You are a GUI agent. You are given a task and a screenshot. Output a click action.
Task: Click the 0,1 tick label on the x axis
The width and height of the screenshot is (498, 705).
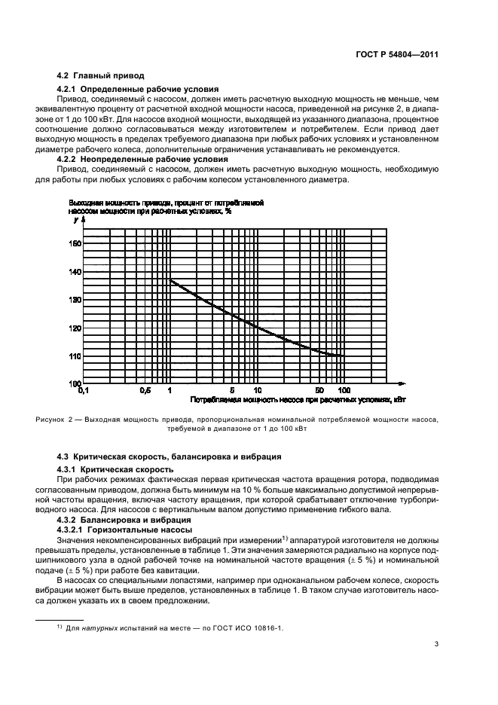(83, 391)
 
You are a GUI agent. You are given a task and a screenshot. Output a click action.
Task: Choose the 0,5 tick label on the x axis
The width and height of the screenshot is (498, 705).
(145, 391)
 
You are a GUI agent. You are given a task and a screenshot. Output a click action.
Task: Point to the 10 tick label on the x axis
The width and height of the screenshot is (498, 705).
(257, 391)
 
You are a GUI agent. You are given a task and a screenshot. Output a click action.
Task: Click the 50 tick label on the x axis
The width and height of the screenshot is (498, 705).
(319, 391)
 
